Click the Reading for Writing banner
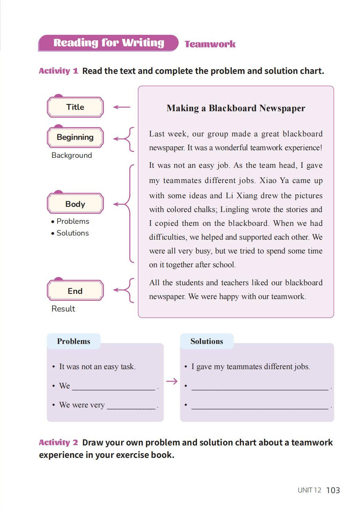pyautogui.click(x=108, y=43)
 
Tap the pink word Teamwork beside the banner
pyautogui.click(x=210, y=44)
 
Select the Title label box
pyautogui.click(x=75, y=107)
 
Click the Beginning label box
pyautogui.click(x=75, y=137)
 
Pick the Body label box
pyautogui.click(x=75, y=204)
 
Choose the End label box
pyautogui.click(x=75, y=291)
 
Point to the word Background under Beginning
pyautogui.click(x=72, y=155)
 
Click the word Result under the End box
pyautogui.click(x=63, y=309)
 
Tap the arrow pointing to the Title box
pyautogui.click(x=121, y=107)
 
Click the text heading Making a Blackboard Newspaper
pyautogui.click(x=236, y=108)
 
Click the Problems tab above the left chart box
pyautogui.click(x=74, y=341)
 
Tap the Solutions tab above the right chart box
pyautogui.click(x=207, y=341)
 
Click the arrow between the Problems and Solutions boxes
pyautogui.click(x=172, y=381)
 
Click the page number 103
pyautogui.click(x=333, y=490)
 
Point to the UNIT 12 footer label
pyautogui.click(x=309, y=490)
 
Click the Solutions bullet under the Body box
pyautogui.click(x=72, y=233)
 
